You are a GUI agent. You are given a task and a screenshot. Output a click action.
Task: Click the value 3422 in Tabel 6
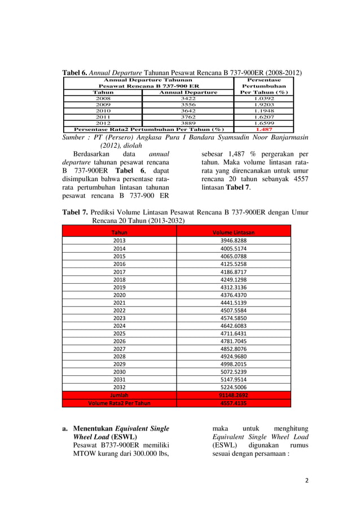187,98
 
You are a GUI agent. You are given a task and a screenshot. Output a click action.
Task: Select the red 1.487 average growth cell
264,129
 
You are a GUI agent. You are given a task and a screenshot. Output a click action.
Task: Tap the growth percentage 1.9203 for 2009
264,104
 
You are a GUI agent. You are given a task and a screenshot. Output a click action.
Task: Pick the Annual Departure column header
187,92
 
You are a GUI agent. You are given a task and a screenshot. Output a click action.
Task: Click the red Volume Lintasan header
233,232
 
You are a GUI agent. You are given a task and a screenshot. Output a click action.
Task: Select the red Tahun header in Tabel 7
119,232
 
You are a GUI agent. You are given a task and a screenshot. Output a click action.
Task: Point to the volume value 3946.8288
233,240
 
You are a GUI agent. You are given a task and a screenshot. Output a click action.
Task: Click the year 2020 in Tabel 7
119,295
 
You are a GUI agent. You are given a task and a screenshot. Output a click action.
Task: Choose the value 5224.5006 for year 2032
233,388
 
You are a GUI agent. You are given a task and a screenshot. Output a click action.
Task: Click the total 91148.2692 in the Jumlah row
233,396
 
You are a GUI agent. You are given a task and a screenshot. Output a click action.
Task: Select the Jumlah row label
119,396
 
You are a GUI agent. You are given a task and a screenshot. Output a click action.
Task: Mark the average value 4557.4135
233,403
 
